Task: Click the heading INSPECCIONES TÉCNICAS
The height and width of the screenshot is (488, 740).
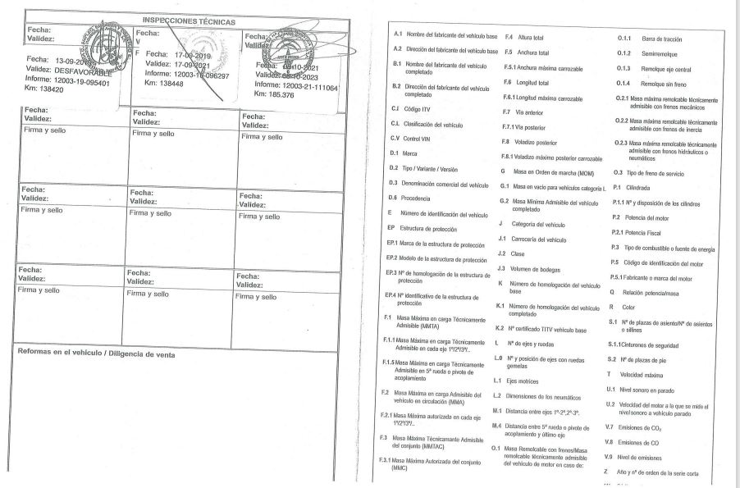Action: tap(189, 21)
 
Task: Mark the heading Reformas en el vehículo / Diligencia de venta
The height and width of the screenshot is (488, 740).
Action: tap(98, 354)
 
